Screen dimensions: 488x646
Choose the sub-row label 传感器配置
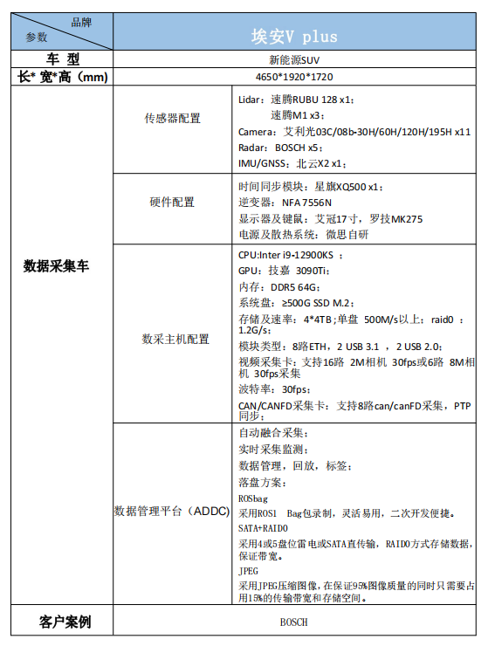pyautogui.click(x=173, y=117)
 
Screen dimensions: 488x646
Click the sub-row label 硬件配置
pyautogui.click(x=173, y=203)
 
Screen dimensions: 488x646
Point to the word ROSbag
pyautogui.click(x=253, y=498)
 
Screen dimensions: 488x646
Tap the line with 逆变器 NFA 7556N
pyautogui.click(x=285, y=203)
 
